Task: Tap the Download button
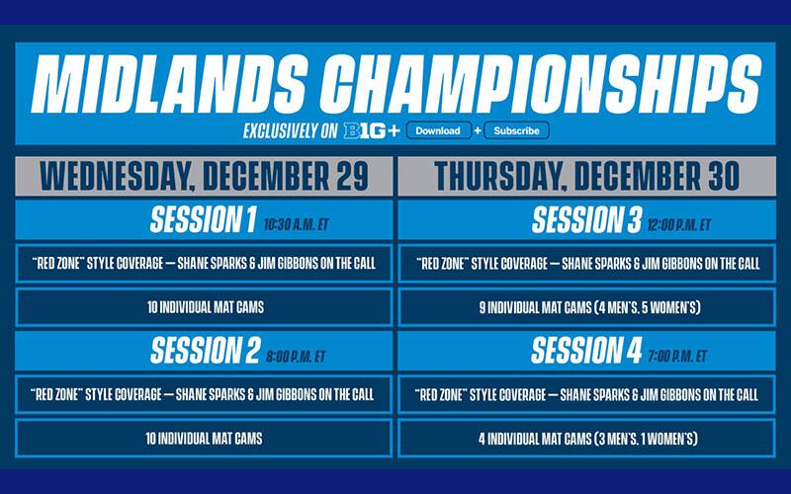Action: (438, 130)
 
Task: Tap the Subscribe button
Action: (516, 130)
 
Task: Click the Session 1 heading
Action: (202, 220)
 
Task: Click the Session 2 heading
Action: (205, 351)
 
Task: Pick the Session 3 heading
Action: (587, 220)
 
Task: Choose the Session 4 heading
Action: (586, 351)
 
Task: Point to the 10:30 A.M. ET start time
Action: (296, 224)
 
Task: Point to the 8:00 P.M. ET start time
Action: (295, 355)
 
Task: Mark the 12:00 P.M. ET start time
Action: (678, 224)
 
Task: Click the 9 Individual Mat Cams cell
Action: (587, 307)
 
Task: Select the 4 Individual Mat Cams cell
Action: (587, 438)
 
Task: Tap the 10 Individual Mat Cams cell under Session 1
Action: (203, 307)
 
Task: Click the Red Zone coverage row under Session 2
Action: (203, 394)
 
